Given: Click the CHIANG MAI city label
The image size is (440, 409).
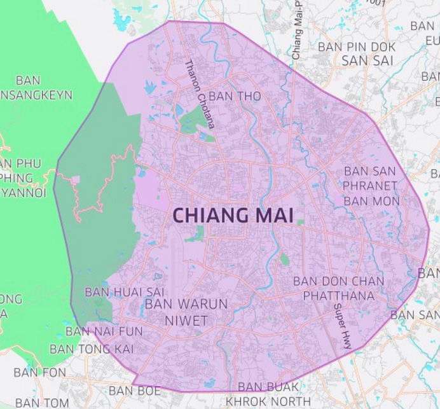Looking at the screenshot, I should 233,216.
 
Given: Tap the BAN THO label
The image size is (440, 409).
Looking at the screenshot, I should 226,96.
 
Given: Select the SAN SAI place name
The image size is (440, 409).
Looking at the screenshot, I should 368,61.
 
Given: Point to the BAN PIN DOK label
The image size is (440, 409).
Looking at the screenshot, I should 357,47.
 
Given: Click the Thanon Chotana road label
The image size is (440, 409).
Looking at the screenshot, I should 199,94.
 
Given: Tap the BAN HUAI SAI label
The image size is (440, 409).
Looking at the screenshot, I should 125,292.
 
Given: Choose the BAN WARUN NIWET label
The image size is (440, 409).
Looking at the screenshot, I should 186,312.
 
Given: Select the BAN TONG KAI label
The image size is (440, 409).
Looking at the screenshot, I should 92,349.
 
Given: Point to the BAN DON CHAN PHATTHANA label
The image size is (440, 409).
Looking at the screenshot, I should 338,288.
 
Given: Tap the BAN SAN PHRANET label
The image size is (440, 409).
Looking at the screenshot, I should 370,179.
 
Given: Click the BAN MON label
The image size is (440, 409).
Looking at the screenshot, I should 371,201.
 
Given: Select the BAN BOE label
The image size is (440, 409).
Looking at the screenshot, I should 135,391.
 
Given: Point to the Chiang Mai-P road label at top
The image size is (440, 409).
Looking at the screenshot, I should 297,32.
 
